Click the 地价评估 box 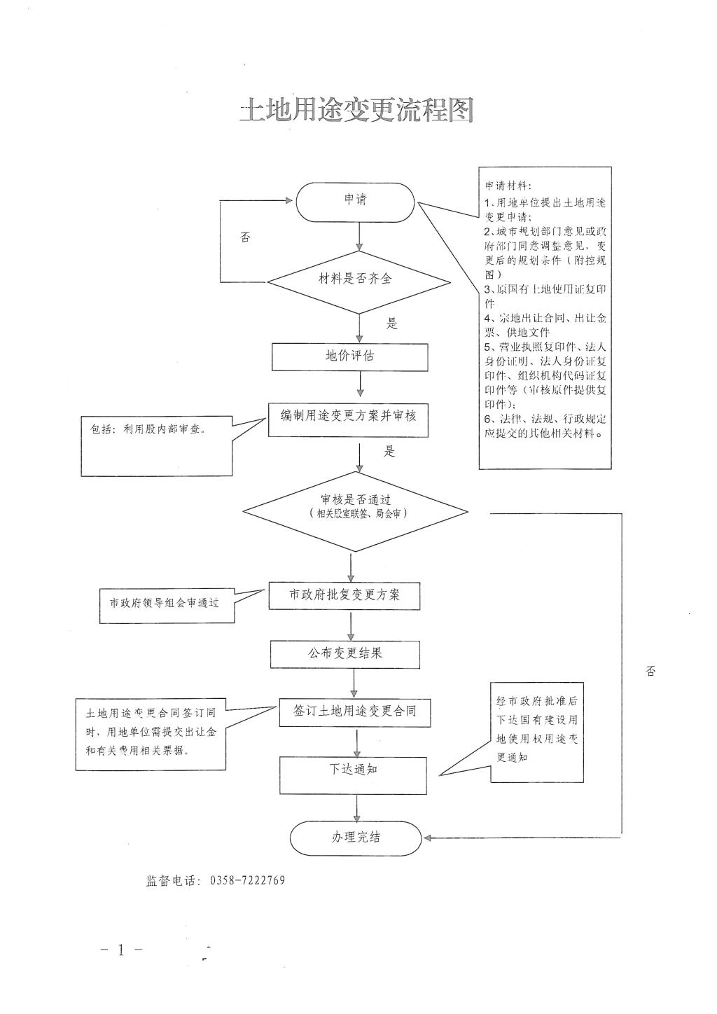point(350,356)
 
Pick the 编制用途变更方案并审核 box point(349,418)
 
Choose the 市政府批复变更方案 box point(344,595)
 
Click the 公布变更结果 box point(346,654)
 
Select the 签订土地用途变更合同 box point(355,711)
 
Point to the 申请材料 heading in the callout point(508,186)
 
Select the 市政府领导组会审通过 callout point(165,603)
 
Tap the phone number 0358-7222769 point(247,881)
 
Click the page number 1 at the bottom point(120,950)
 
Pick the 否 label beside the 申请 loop point(244,238)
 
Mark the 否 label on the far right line point(650,672)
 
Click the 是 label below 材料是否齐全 point(392,324)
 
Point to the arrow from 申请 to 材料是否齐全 point(359,237)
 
